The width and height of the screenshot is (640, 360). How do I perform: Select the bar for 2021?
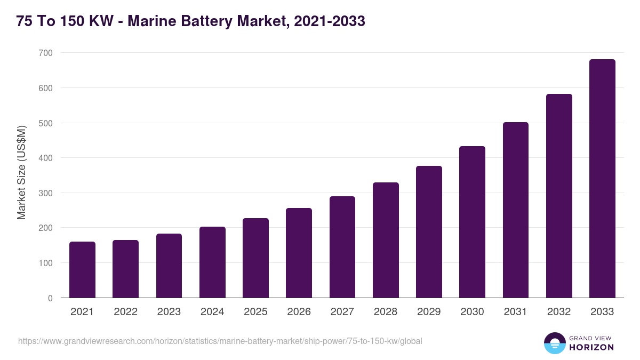(x=82, y=270)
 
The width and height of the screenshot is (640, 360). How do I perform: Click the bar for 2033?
(x=602, y=179)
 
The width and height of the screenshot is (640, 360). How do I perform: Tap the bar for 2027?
(x=342, y=247)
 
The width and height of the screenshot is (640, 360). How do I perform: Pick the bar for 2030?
(x=472, y=222)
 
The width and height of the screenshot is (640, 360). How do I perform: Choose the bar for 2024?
(x=212, y=262)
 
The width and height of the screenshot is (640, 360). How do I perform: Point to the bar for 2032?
(x=559, y=196)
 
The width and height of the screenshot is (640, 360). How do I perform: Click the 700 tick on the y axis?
(x=46, y=53)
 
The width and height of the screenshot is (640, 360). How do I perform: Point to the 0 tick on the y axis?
(x=50, y=298)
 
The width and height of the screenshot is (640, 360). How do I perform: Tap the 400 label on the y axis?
(x=46, y=158)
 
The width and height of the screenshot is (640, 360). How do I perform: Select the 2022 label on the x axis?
(x=125, y=312)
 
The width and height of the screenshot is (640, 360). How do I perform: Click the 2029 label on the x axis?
(x=429, y=312)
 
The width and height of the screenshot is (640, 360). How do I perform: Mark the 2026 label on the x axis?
(x=299, y=312)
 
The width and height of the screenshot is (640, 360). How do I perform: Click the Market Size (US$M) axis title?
(x=21, y=173)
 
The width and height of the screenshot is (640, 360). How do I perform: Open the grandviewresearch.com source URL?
(x=220, y=341)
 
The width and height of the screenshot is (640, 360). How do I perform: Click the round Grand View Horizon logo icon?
(x=555, y=343)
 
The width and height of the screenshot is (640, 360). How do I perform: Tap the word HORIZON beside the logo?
(x=591, y=347)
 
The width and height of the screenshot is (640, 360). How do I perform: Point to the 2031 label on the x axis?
(x=515, y=312)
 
